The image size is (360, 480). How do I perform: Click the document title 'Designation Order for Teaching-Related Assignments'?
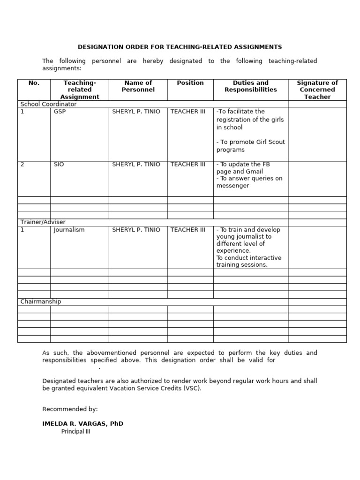point(180,47)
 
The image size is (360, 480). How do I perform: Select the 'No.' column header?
point(34,83)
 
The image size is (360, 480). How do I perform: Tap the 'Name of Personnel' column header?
point(138,86)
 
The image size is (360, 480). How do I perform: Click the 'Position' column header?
point(190,83)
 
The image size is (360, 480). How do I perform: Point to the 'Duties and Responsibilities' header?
point(251,86)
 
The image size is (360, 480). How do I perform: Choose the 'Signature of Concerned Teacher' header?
point(317,90)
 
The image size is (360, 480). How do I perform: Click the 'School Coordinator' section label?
point(48,105)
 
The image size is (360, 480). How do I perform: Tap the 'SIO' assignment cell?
point(59,165)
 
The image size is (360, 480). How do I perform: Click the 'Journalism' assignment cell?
point(69,230)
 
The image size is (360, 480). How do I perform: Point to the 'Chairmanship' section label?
point(41,302)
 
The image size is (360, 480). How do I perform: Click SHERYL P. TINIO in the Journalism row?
point(136,230)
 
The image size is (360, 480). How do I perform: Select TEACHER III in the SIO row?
point(188,165)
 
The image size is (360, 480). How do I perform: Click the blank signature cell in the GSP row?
point(317,135)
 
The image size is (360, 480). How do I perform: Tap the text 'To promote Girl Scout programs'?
point(250,146)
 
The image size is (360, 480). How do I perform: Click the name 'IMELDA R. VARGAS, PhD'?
point(83,424)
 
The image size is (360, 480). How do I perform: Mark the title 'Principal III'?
point(75,432)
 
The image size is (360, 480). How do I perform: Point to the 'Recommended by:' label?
point(70,409)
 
